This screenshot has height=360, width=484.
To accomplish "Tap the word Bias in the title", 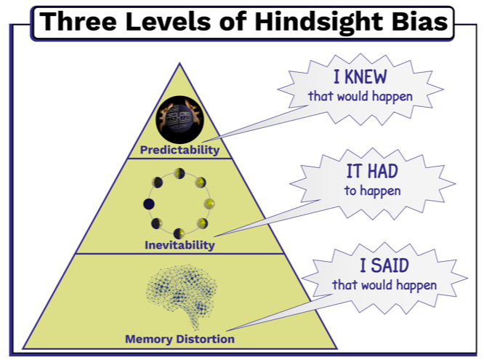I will [x=422, y=23].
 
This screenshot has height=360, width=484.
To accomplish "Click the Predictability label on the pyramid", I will [x=180, y=151].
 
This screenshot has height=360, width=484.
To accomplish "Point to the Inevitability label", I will [x=180, y=245].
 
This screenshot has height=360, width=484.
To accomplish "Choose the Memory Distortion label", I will [x=180, y=339].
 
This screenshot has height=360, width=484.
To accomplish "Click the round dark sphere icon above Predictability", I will [x=179, y=120].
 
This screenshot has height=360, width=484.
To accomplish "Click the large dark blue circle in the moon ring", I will [x=148, y=203].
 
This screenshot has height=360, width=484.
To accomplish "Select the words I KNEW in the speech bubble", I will [x=360, y=77].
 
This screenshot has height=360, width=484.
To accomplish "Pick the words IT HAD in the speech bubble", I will [x=373, y=172].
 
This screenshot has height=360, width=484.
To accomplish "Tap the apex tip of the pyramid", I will [x=180, y=64].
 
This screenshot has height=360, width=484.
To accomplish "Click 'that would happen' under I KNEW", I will [x=360, y=96].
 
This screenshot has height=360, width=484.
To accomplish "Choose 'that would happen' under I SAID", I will [x=384, y=284].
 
